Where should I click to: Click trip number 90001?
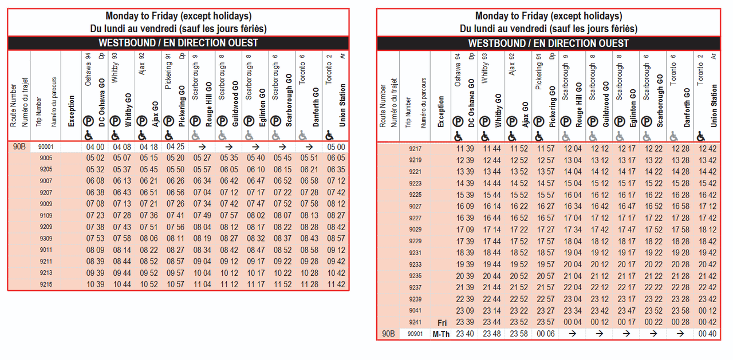click(45, 147)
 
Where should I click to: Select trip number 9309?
click(46, 238)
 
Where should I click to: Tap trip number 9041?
click(415, 311)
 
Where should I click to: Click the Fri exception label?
click(442, 323)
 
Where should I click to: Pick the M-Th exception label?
click(441, 334)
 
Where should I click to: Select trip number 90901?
click(415, 334)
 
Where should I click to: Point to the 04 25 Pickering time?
click(175, 147)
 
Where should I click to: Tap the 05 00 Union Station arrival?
click(336, 147)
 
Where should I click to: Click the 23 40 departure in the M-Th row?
click(464, 334)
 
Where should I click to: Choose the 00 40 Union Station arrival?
click(708, 334)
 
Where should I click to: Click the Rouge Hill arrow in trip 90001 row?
click(202, 147)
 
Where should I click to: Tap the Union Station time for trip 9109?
click(336, 215)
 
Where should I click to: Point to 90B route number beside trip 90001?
click(19, 147)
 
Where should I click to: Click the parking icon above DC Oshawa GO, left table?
click(89, 121)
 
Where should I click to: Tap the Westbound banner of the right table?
click(548, 43)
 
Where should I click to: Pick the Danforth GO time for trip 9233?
click(681, 264)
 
